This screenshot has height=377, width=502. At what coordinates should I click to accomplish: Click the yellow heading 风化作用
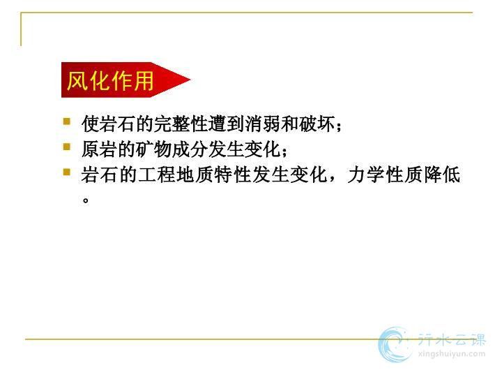110,80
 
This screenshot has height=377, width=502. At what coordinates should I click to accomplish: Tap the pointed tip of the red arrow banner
190,80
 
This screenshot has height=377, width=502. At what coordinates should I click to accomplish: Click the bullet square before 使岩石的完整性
67,121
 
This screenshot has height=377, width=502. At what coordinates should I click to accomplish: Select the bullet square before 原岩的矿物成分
67,147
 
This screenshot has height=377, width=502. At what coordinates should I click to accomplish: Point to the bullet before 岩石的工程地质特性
67,172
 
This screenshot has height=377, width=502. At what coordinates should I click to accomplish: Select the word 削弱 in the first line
263,124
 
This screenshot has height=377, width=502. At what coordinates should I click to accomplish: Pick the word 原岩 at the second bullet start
99,149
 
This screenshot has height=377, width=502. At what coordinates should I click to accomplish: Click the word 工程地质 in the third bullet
176,175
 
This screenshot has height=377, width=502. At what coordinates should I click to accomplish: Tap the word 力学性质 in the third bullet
385,175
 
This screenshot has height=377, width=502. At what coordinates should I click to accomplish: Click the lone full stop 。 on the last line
85,200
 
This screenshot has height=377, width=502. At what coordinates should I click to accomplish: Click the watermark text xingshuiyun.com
451,354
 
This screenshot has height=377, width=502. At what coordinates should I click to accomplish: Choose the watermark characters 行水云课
451,340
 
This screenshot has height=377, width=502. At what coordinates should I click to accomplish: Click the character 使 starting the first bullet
90,124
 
